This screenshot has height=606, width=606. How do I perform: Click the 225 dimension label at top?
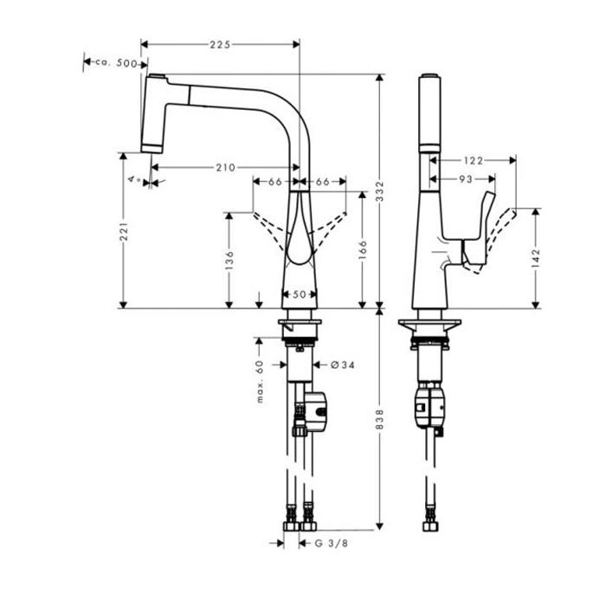220,44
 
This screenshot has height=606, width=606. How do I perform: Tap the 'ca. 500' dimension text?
116,62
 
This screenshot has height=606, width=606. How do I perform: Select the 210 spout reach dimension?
225,167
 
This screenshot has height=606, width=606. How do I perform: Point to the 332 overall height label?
379,191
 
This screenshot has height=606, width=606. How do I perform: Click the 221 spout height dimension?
123,232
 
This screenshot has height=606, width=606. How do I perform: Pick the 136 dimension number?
229,260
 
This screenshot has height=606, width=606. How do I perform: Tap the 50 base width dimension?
300,294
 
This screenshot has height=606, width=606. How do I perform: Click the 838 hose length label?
379,419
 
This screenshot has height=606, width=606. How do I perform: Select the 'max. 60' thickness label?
260,382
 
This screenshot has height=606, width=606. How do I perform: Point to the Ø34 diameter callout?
343,364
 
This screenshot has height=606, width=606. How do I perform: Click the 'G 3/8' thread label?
332,544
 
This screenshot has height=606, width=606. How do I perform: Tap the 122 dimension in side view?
473,160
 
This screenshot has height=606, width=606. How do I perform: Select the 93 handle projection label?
466,179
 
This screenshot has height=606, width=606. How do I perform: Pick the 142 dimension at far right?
536,258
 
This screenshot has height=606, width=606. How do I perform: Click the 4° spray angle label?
134,179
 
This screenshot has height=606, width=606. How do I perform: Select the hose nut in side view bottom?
430,526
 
